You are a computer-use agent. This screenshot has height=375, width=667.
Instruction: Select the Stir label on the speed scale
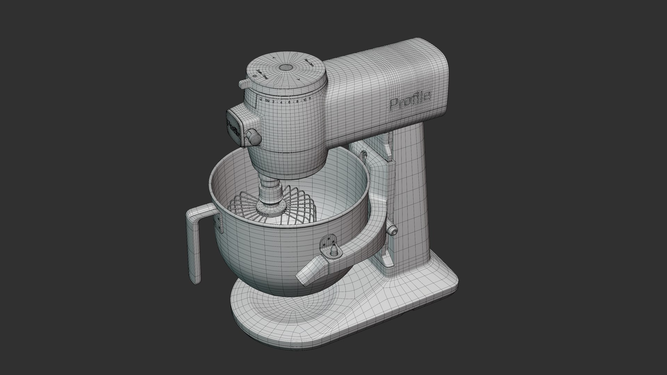click(x=267, y=101)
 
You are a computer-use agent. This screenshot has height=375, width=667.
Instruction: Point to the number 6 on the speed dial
click(x=289, y=102)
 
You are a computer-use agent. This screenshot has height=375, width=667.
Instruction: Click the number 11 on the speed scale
click(x=310, y=99)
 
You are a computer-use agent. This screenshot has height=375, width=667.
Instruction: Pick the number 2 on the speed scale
click(x=273, y=102)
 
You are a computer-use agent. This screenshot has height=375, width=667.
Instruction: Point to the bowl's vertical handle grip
click(x=194, y=250)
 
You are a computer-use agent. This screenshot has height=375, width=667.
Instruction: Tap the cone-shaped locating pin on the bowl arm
click(x=334, y=251)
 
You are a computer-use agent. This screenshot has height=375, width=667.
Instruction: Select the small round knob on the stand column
click(x=392, y=230)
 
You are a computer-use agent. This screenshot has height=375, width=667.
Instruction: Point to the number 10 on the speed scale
click(x=305, y=100)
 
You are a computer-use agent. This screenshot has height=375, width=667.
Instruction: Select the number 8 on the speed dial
click(x=297, y=101)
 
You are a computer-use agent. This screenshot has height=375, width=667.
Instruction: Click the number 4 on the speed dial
click(x=281, y=102)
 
